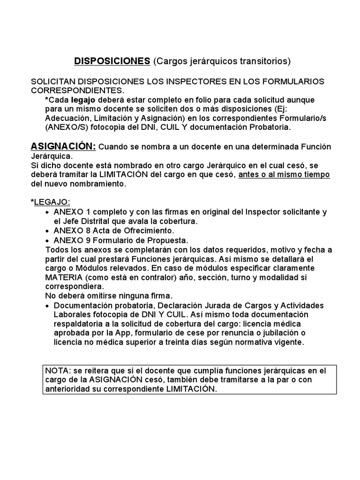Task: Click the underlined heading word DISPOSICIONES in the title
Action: point(112,61)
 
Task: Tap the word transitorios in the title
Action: point(265,61)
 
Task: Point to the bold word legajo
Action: point(83,100)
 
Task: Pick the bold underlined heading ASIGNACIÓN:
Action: point(63,147)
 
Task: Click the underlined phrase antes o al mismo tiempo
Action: point(285,175)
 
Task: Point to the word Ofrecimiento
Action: point(147,231)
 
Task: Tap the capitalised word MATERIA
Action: point(63,277)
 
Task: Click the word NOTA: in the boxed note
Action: point(57,371)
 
